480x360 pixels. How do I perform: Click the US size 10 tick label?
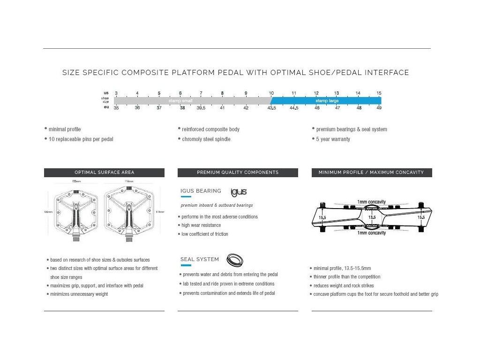pos(271,93)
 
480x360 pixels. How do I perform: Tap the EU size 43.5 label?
pos(271,108)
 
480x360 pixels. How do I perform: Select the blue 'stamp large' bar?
pos(327,101)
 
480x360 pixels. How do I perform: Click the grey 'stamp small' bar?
pos(192,101)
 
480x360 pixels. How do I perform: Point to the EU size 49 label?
pos(379,108)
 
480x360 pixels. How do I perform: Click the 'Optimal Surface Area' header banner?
pos(104,172)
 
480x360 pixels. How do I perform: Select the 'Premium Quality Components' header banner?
pos(238,172)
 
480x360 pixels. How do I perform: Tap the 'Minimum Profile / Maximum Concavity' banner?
pos(371,172)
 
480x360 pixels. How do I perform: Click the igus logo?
pos(239,192)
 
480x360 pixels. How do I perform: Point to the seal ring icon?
pos(234,260)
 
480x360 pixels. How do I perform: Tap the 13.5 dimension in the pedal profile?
pos(372,217)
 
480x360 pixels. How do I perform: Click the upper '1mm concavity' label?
pos(372,202)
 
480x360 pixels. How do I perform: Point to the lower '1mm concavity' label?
pos(372,233)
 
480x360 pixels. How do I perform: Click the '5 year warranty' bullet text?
pos(333,139)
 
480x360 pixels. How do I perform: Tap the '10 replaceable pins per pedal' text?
pos(81,139)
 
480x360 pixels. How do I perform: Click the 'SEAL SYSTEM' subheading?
pos(200,259)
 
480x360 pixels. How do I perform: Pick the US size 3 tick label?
pos(116,93)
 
